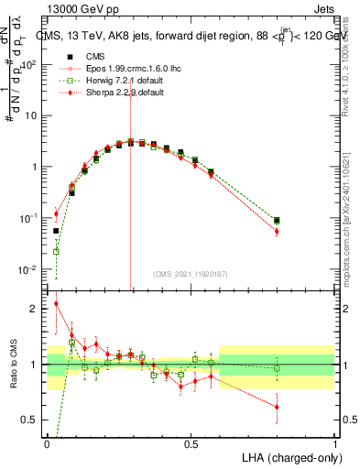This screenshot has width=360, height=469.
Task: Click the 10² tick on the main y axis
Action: click(28, 64)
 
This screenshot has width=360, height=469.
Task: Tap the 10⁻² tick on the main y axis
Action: click(28, 269)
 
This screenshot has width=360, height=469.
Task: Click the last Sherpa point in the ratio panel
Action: click(277, 407)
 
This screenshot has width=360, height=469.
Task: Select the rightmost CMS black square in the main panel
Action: click(277, 221)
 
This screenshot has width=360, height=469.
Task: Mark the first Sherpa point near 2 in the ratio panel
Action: click(56, 304)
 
